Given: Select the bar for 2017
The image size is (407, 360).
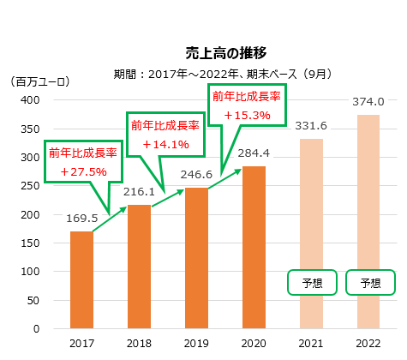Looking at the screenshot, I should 81,279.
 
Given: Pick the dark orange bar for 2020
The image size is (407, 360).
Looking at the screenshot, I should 254,247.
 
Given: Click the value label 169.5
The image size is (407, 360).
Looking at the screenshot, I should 82,219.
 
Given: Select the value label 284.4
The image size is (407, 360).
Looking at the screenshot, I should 254,153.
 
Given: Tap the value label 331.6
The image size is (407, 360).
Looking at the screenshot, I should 311,127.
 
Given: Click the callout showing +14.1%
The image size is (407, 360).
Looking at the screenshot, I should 165,134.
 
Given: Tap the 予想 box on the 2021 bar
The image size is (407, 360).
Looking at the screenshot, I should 312,283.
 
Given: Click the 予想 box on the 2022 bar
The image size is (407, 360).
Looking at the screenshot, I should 369,283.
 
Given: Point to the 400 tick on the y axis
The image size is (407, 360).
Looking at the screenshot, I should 30,99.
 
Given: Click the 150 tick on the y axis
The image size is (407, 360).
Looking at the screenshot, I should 30,243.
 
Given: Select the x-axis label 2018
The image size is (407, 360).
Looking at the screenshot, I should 139,343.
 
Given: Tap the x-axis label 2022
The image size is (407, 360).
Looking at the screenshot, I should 368,343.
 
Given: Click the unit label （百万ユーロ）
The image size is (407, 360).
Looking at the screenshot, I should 40,82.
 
